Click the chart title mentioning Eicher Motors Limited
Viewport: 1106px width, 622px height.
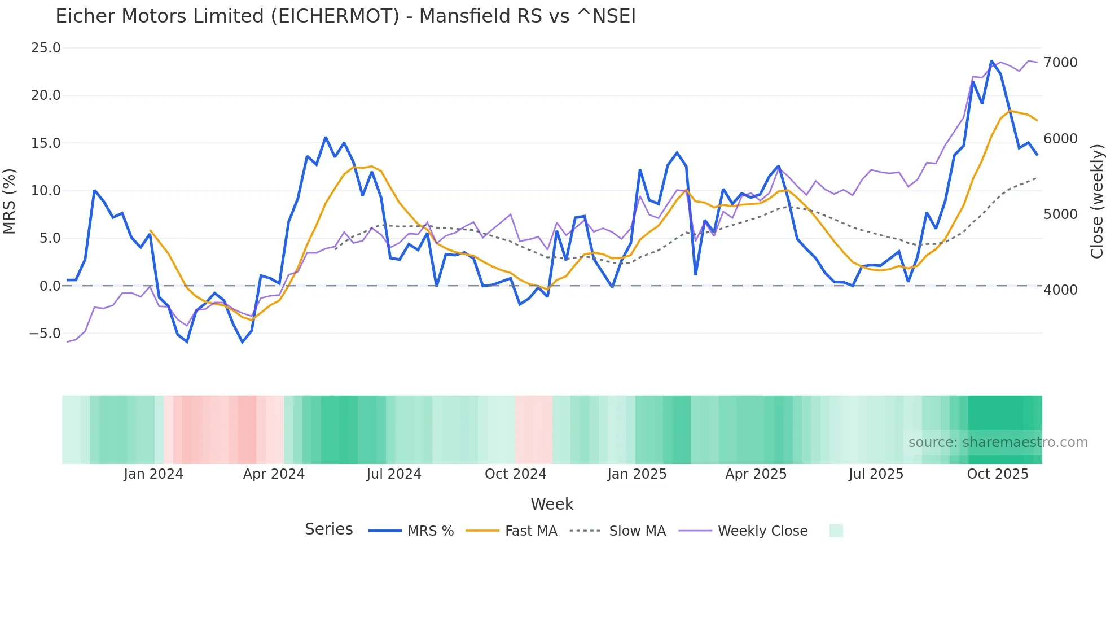pyautogui.click(x=345, y=16)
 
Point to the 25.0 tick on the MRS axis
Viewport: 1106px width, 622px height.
pyautogui.click(x=46, y=48)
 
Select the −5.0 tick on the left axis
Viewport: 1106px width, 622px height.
pyautogui.click(x=45, y=334)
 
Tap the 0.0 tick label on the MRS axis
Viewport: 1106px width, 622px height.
pyautogui.click(x=50, y=286)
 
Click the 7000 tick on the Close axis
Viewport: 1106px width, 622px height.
pyautogui.click(x=1060, y=63)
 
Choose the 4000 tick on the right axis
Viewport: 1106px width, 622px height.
pyautogui.click(x=1060, y=290)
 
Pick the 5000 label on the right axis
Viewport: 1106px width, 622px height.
pyautogui.click(x=1060, y=214)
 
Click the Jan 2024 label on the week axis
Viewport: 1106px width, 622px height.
pyautogui.click(x=153, y=474)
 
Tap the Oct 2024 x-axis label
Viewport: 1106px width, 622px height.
pyautogui.click(x=515, y=474)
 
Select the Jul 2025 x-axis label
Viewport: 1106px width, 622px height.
pyautogui.click(x=876, y=474)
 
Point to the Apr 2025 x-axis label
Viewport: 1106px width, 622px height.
pyautogui.click(x=756, y=474)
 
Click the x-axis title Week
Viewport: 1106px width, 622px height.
pyautogui.click(x=552, y=504)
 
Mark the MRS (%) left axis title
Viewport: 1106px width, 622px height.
pyautogui.click(x=10, y=202)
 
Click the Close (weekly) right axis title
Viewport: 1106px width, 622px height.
pyautogui.click(x=1096, y=202)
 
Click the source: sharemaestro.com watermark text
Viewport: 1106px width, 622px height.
pyautogui.click(x=998, y=443)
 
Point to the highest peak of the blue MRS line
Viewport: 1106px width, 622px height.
pyautogui.click(x=991, y=62)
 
